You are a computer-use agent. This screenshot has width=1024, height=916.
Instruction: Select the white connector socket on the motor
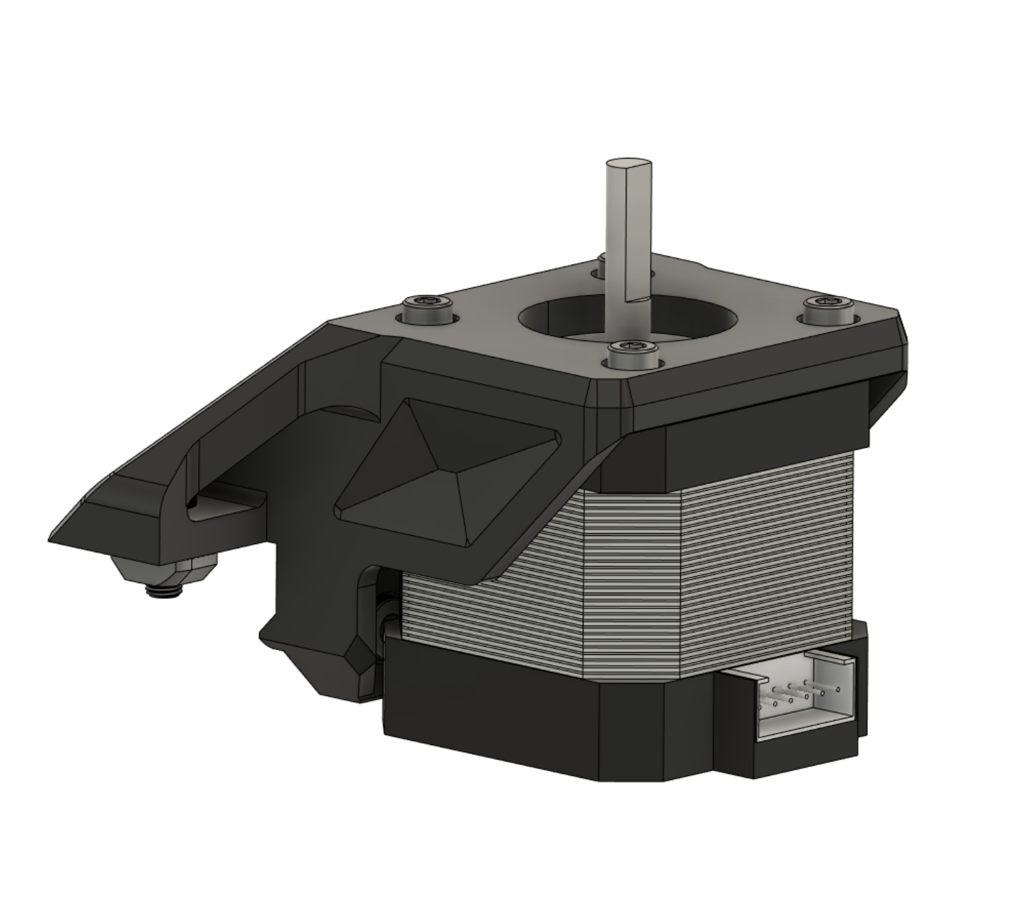pyautogui.click(x=806, y=704)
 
